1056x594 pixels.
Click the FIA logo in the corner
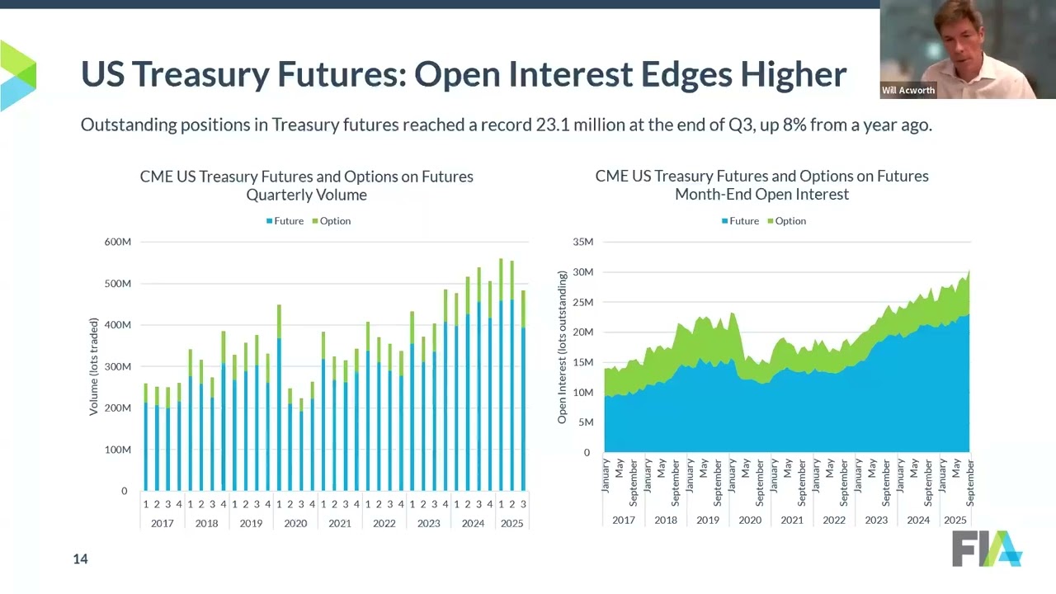pos(987,549)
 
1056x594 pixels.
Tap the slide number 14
pos(80,559)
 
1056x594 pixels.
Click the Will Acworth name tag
pos(908,91)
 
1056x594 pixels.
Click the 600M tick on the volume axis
pos(116,242)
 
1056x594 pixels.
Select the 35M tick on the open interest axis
pos(582,242)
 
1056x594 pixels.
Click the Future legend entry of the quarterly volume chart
pos(284,221)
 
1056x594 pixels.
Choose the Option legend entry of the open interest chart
pos(785,221)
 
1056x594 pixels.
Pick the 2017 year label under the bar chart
pos(163,523)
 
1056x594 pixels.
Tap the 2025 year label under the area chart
pos(955,520)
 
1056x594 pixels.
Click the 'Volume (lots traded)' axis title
pos(94,366)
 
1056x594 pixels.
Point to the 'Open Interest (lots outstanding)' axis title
pos(562,347)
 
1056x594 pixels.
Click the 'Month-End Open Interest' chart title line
pos(761,195)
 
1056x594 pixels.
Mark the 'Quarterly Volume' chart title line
pos(306,195)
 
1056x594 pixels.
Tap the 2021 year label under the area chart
pos(791,520)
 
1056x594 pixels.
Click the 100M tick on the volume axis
pos(116,450)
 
